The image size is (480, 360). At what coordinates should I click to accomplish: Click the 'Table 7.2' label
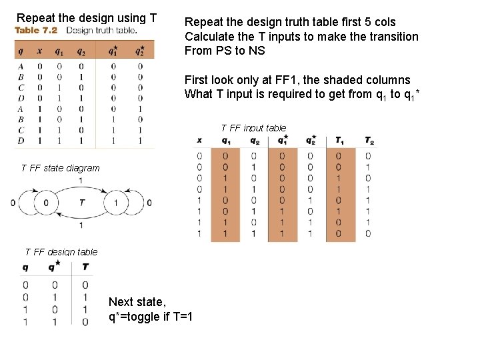pyautogui.click(x=36, y=31)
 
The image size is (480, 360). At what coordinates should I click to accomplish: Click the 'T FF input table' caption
pyautogui.click(x=253, y=127)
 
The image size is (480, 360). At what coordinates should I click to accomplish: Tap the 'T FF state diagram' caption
pyautogui.click(x=60, y=168)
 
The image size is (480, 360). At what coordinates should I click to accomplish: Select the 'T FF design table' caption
pyautogui.click(x=61, y=252)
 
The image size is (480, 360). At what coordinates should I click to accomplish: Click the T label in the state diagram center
pyautogui.click(x=81, y=202)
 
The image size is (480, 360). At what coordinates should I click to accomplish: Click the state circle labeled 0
pyautogui.click(x=45, y=203)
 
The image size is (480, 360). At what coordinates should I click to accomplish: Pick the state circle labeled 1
pyautogui.click(x=116, y=203)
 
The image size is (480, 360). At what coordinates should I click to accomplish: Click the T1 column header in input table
pyautogui.click(x=341, y=141)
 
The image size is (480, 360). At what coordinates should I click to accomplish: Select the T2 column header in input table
pyautogui.click(x=369, y=141)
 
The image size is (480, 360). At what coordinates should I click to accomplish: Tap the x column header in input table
pyautogui.click(x=199, y=141)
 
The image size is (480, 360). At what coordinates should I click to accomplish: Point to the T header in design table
pyautogui.click(x=85, y=267)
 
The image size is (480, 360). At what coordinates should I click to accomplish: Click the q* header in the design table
pyautogui.click(x=53, y=267)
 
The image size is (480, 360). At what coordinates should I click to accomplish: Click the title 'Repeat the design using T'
pyautogui.click(x=87, y=17)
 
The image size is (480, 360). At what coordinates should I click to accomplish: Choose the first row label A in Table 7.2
pyautogui.click(x=21, y=66)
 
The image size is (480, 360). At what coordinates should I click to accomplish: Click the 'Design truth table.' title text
pyautogui.click(x=102, y=31)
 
